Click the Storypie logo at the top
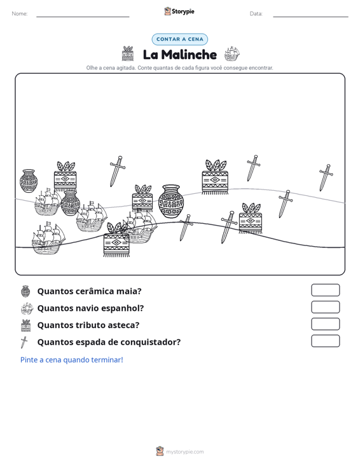coord(179,11)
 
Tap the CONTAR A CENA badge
coord(179,39)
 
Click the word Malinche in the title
coord(189,55)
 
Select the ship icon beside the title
coord(232,53)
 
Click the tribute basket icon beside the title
coord(128,53)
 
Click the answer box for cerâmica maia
coord(325,290)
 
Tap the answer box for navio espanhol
coord(325,307)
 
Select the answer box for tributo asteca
coord(325,324)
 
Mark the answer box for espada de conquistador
coord(325,341)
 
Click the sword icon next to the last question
coord(24,342)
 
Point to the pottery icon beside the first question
coord(25,291)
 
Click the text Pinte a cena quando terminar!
coord(72,360)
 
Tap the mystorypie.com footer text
coord(184,452)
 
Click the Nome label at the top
coord(20,14)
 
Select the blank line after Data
coord(310,17)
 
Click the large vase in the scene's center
coord(171,202)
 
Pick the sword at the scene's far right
coord(326,177)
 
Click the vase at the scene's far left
coord(29,181)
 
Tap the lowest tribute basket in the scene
coord(116,240)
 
